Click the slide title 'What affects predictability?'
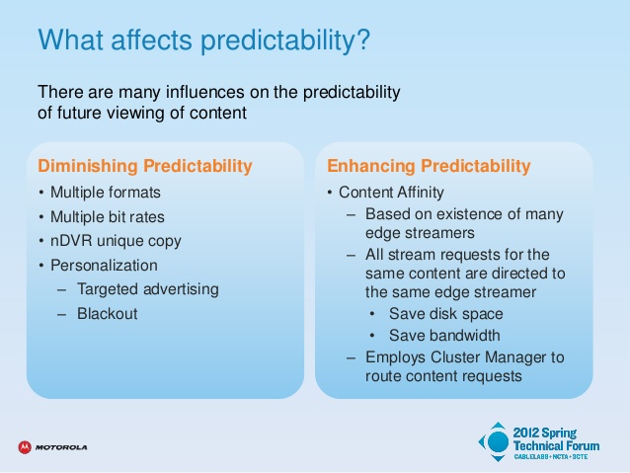pos(203,40)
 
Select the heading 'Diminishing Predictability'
pos(145,166)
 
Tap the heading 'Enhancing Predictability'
pos(429,166)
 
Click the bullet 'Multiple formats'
pos(106,193)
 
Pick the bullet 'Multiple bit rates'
pos(108,217)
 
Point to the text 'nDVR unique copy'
pos(116,241)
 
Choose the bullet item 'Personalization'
pos(104,266)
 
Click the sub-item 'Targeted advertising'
pos(148,289)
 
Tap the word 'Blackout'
pos(108,313)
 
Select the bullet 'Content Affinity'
pos(391,193)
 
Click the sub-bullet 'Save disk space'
pos(446,314)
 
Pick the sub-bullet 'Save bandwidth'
pos(444,336)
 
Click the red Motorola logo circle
pos(25,447)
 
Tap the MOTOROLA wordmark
pos(61,447)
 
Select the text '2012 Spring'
pos(545,433)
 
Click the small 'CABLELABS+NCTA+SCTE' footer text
pos(551,457)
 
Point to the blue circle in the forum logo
pos(499,442)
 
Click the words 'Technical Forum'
pos(557,445)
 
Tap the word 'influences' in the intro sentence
pos(205,92)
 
